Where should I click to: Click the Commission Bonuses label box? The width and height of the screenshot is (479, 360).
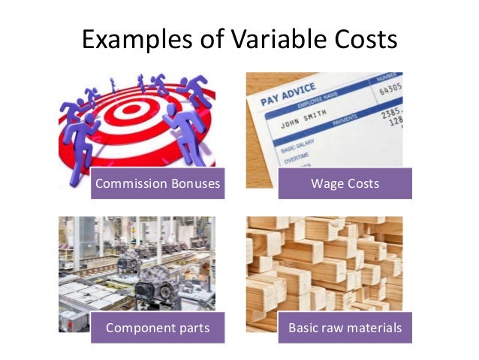[158, 183]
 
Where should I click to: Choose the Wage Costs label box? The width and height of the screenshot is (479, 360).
[345, 183]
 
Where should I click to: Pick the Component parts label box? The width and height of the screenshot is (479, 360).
[158, 328]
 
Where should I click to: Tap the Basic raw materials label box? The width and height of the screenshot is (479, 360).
[345, 328]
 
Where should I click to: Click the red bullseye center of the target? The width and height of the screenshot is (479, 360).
[127, 113]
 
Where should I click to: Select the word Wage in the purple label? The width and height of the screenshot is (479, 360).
[326, 183]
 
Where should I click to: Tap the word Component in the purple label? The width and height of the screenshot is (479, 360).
[137, 328]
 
